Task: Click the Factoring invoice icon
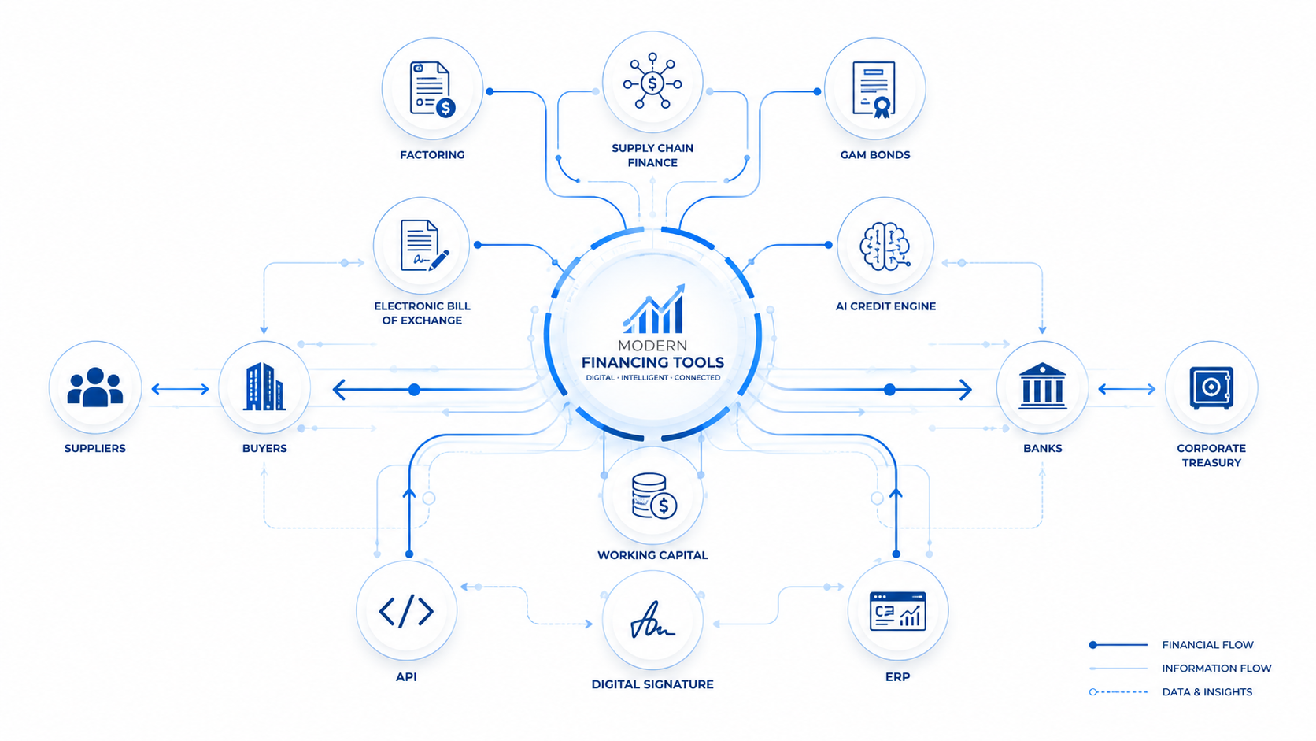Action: pos(432,89)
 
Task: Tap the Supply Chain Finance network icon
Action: pos(652,81)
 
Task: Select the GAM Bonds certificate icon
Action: pos(874,90)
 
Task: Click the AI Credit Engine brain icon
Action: pos(885,246)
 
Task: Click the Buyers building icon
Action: pos(264,386)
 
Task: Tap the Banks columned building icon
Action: pos(1042,386)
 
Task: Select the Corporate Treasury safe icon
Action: pos(1211,387)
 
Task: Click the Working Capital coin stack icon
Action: pos(654,496)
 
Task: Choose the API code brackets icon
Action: pos(406,611)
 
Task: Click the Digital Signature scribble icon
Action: pos(652,620)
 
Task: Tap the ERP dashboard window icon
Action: pos(898,611)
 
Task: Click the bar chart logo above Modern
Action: pos(654,309)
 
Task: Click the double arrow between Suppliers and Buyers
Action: pos(180,389)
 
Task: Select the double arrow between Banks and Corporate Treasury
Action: pos(1127,389)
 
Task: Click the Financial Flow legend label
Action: pos(1207,645)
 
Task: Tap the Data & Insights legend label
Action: pos(1207,692)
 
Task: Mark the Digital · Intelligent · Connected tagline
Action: pos(652,377)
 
